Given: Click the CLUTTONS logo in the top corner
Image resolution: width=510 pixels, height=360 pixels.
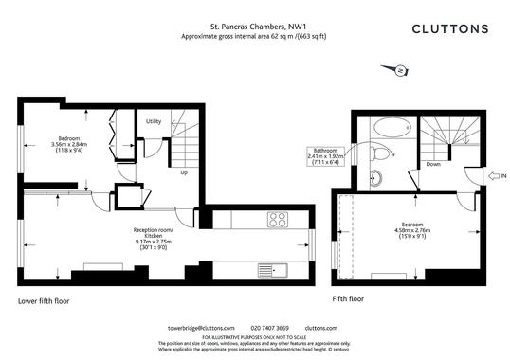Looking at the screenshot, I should (449, 28).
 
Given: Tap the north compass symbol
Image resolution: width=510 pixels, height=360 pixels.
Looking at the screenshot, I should (400, 69).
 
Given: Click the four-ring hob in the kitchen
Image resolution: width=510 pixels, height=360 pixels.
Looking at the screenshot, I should (278, 220).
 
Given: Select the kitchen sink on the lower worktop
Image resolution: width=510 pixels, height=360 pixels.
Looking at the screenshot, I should (282, 271).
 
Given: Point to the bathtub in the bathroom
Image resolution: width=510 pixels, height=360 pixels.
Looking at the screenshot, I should (389, 126).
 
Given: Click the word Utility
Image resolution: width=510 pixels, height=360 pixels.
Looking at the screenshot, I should (154, 121).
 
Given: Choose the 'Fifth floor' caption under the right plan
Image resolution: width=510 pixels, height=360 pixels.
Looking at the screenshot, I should (348, 299).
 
